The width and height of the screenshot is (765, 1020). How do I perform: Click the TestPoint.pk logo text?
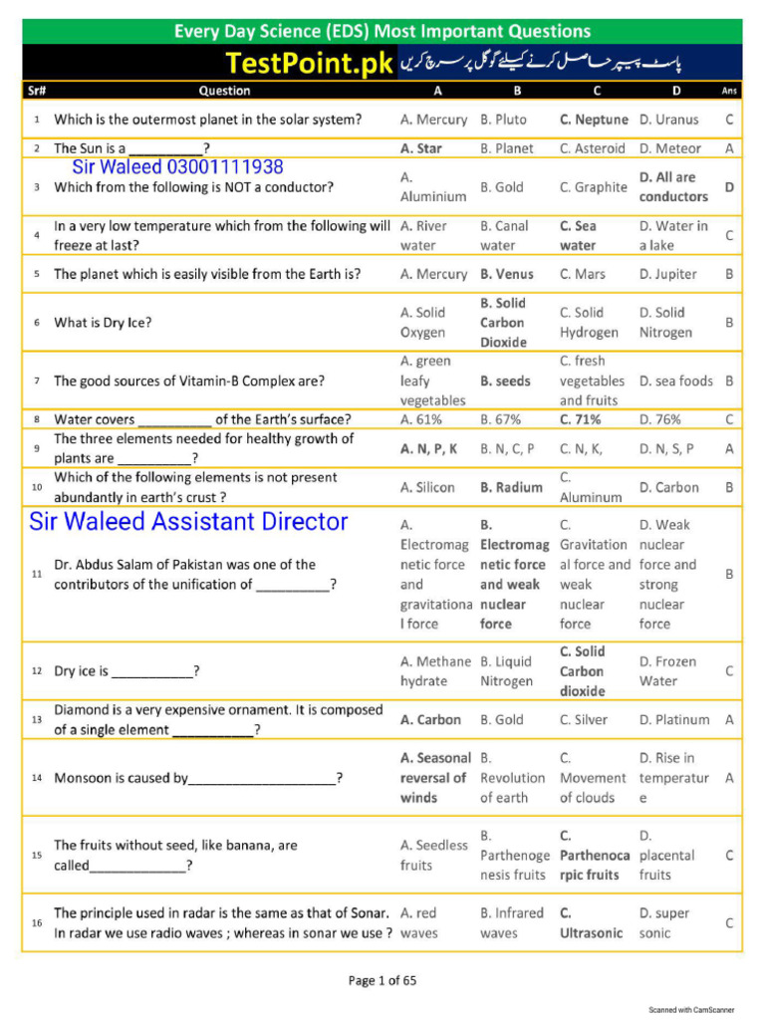click(x=310, y=65)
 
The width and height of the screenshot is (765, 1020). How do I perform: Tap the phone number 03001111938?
click(x=225, y=167)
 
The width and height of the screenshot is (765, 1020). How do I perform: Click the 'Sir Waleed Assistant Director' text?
click(x=189, y=521)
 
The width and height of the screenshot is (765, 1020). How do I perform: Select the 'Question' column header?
click(x=224, y=91)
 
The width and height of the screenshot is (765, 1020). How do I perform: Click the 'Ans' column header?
click(x=729, y=91)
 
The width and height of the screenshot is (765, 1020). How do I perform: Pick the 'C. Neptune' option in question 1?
click(x=594, y=120)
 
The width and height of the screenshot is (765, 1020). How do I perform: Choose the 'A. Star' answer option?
click(x=421, y=148)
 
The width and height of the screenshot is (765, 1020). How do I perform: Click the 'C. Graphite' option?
click(x=594, y=187)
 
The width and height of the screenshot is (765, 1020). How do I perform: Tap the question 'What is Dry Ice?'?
click(x=104, y=323)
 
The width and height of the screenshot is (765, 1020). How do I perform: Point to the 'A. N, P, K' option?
click(x=429, y=449)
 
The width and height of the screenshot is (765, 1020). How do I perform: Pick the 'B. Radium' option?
click(x=512, y=488)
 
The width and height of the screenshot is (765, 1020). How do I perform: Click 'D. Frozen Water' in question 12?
click(x=667, y=671)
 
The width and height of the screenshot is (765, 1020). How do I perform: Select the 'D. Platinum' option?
click(x=674, y=719)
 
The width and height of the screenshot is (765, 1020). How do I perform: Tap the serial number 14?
click(x=37, y=778)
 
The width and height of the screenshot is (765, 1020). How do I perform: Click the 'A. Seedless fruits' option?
click(x=433, y=855)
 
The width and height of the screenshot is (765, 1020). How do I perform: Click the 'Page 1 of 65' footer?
click(x=382, y=981)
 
